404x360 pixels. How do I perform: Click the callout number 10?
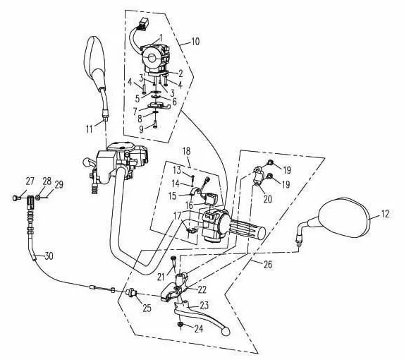195,42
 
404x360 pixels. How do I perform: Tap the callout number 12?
385,214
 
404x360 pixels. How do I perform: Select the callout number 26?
268,264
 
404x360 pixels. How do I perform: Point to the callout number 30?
49,256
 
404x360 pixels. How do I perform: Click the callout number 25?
147,308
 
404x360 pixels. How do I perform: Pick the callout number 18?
186,151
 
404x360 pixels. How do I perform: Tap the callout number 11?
89,129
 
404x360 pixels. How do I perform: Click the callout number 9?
141,129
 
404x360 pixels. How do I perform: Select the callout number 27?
30,181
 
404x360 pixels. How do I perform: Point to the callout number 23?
204,306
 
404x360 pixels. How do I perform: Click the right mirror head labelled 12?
345,217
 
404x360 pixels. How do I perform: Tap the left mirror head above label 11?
94,64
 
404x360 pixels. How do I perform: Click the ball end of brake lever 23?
226,331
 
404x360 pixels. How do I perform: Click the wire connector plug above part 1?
144,24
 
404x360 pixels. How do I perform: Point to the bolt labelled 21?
173,266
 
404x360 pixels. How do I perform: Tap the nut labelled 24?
180,325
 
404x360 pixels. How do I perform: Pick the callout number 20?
268,199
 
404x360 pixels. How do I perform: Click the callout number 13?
177,170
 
